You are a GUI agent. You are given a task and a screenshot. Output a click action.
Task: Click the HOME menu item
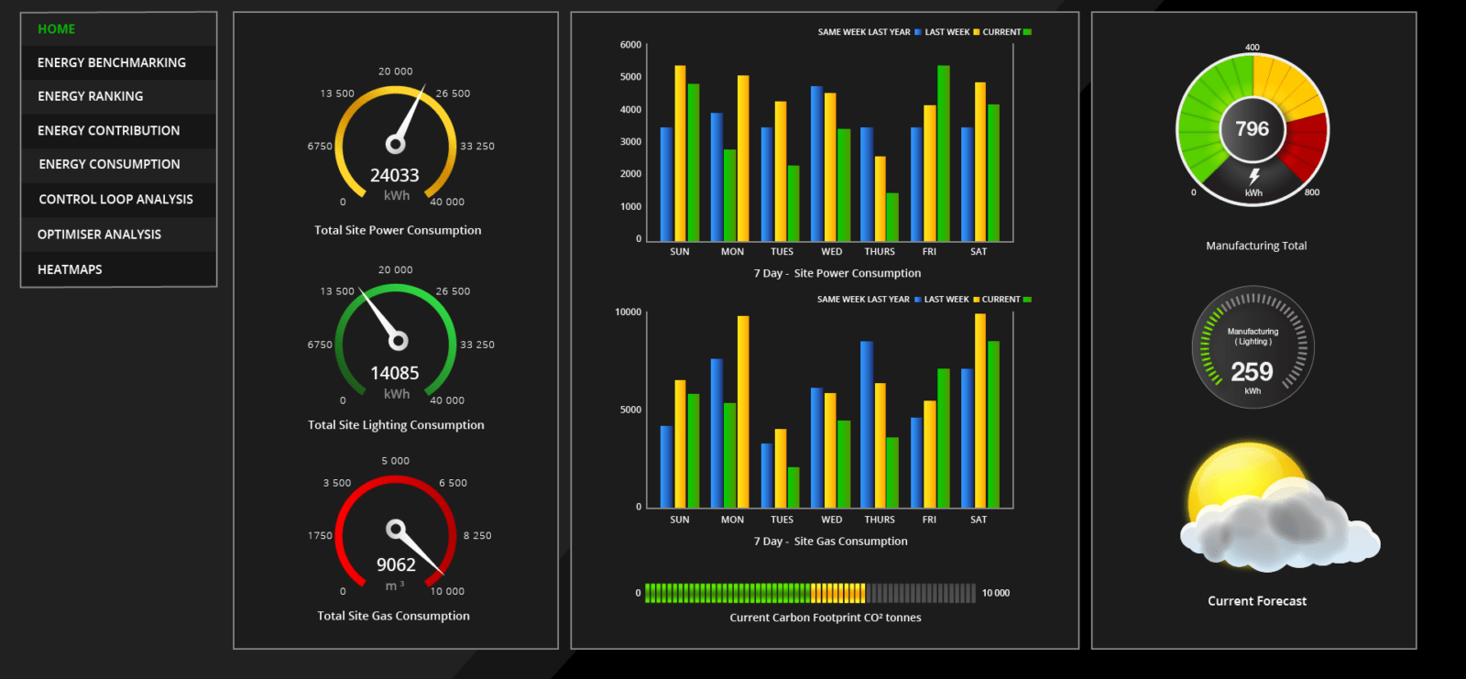[x=56, y=29]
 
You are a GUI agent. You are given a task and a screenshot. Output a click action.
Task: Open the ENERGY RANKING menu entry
[x=91, y=96]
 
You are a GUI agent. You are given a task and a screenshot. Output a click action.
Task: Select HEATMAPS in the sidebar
[x=70, y=269]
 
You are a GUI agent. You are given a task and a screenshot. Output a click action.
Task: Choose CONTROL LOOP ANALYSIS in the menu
[x=115, y=199]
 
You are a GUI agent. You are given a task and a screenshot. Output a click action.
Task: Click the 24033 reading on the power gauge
[x=395, y=176]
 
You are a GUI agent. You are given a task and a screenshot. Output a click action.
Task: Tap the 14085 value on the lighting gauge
[x=395, y=373]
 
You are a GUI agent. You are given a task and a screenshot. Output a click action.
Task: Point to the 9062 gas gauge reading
[x=396, y=564]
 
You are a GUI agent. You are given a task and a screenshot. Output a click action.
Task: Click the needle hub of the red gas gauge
[x=395, y=529]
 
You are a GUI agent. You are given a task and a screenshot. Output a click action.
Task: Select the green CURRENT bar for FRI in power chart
[x=943, y=153]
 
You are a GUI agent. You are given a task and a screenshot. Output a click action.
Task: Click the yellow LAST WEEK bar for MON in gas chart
[x=743, y=411]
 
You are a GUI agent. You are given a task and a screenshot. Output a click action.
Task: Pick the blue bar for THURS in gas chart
[x=867, y=424]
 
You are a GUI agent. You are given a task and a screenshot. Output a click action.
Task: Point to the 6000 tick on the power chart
[x=631, y=45]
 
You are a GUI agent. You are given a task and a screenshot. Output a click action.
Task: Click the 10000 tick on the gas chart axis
[x=629, y=312]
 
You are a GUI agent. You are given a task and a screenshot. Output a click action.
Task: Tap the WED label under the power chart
[x=832, y=251]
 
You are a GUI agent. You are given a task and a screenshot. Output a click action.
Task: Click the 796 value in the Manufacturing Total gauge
[x=1252, y=129]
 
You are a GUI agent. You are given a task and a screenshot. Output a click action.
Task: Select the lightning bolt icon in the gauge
[x=1254, y=177]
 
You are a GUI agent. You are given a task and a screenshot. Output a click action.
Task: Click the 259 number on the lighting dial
[x=1252, y=372]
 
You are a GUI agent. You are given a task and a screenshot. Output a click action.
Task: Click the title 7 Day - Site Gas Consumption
[x=830, y=542]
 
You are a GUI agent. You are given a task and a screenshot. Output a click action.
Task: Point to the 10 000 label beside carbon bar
[x=995, y=593]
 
